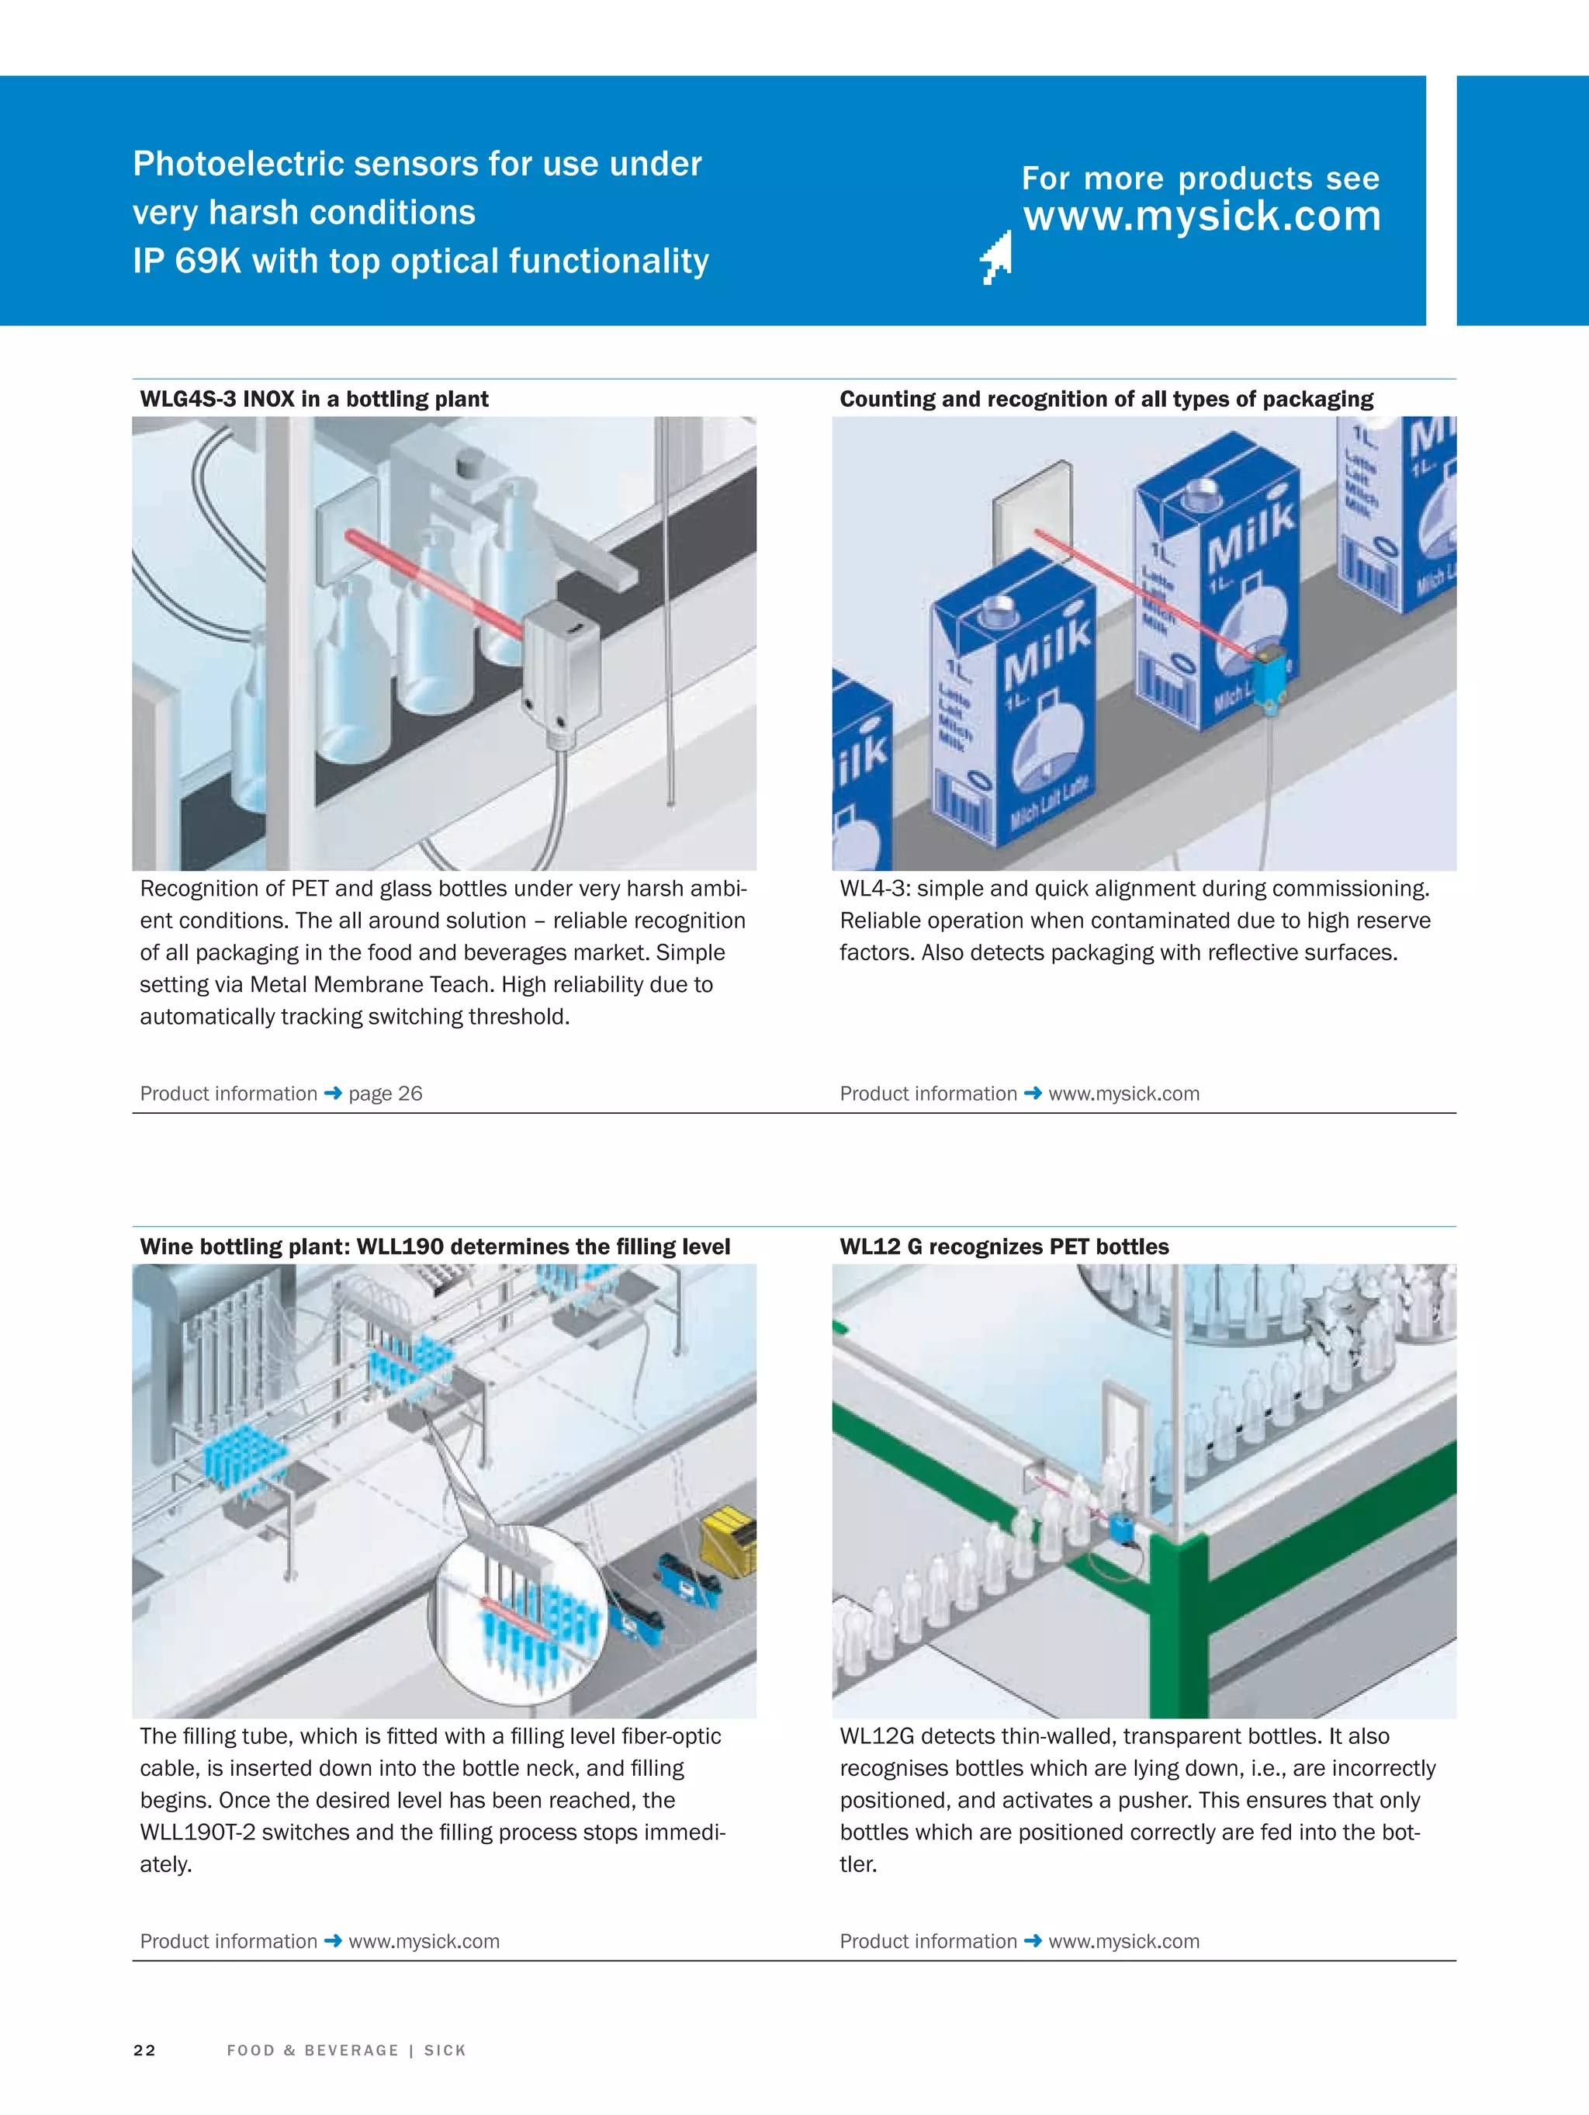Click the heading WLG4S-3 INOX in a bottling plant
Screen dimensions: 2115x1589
pyautogui.click(x=313, y=399)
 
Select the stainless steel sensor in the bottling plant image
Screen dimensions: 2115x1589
pyautogui.click(x=560, y=669)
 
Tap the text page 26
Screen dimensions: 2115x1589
pyautogui.click(x=386, y=1093)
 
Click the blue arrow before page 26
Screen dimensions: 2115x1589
pyautogui.click(x=333, y=1093)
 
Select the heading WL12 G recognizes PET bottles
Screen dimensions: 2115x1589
pyautogui.click(x=1004, y=1246)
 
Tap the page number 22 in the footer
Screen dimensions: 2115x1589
pyautogui.click(x=144, y=2050)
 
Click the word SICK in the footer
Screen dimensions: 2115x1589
pyautogui.click(x=445, y=2050)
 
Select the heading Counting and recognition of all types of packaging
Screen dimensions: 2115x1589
pyautogui.click(x=1106, y=399)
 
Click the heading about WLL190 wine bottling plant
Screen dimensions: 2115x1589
pyautogui.click(x=435, y=1246)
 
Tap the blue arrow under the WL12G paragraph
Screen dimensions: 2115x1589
pyautogui.click(x=1033, y=1941)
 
